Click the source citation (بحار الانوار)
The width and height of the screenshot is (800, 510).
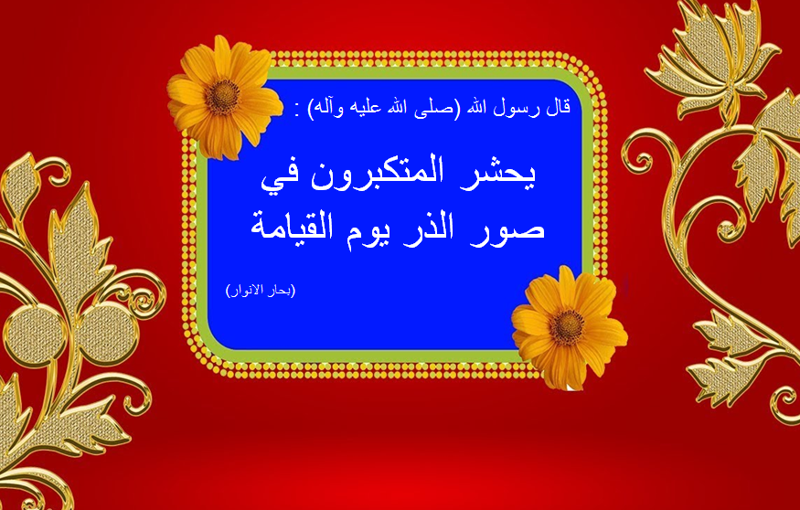pos(261,291)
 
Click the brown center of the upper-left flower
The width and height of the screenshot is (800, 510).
pos(222,97)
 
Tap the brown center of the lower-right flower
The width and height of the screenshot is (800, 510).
pos(566,326)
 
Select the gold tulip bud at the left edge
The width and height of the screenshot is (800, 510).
pos(20,187)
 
